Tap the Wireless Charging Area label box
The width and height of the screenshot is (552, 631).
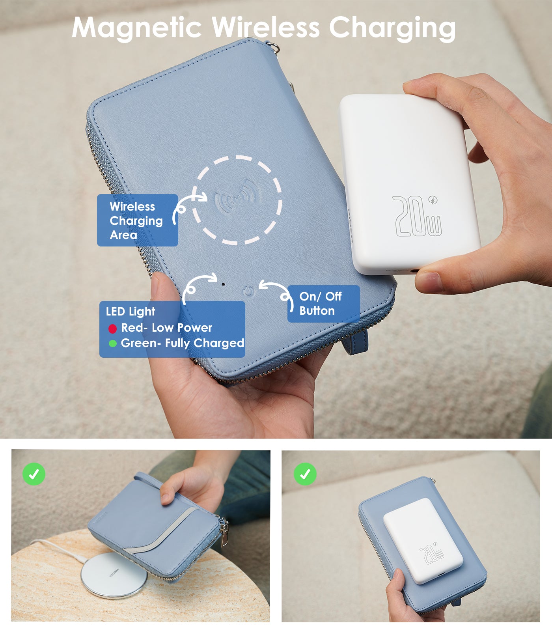(x=137, y=220)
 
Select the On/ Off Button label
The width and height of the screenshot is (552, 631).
(x=323, y=304)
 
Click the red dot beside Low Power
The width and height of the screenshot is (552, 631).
(x=112, y=329)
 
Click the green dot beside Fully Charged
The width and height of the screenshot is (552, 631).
(x=112, y=344)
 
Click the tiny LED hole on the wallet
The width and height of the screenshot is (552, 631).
(x=223, y=284)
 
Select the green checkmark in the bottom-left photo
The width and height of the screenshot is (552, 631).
(x=34, y=474)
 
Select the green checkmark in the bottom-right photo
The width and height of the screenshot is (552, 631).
(x=305, y=474)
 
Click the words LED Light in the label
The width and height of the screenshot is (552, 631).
(x=131, y=312)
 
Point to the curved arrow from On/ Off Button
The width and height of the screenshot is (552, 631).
(x=276, y=293)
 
